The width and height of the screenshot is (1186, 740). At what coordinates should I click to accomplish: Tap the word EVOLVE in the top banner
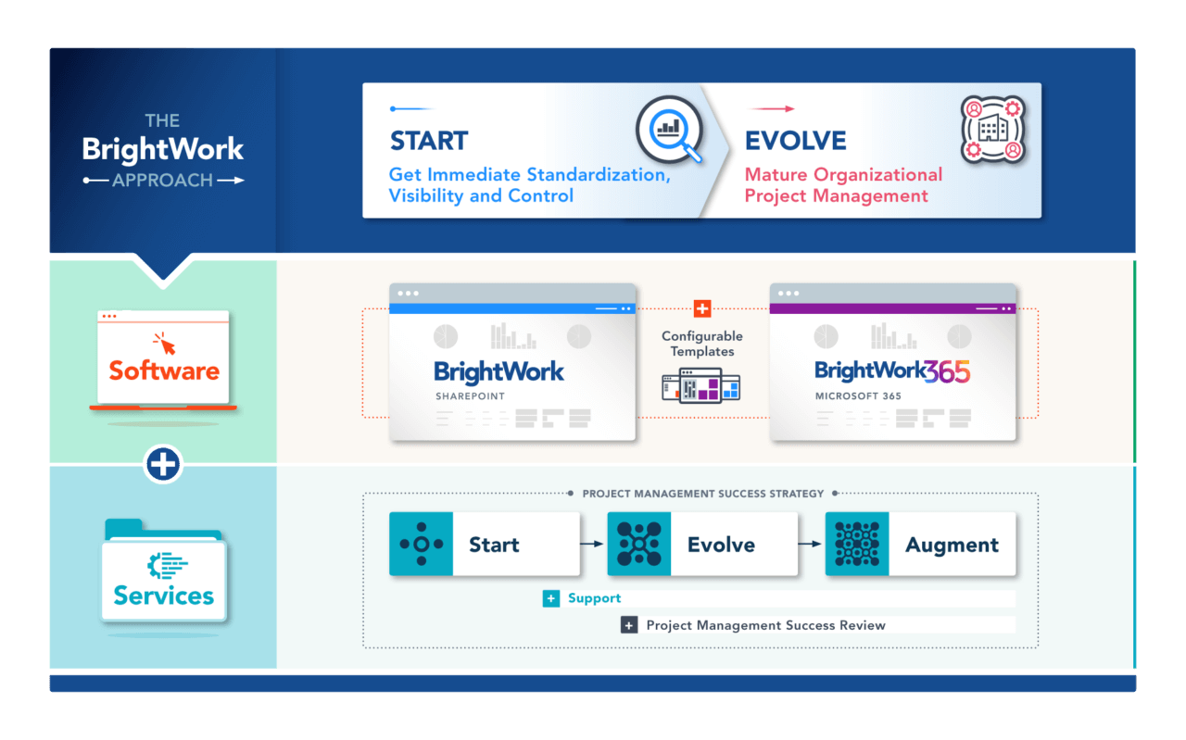point(795,141)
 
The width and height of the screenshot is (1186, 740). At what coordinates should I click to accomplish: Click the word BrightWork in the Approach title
point(163,149)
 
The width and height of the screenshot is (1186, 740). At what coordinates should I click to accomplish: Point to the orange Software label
point(164,370)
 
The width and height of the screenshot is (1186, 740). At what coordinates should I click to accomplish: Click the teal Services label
point(164,596)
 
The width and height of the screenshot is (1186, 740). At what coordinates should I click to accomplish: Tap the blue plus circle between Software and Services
point(164,464)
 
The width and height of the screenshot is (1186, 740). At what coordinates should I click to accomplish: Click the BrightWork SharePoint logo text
point(498,372)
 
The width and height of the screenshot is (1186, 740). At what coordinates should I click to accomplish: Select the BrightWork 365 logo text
point(891,371)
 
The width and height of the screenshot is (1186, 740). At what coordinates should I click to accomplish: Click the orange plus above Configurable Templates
point(702,308)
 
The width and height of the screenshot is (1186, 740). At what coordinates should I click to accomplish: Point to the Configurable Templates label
point(702,344)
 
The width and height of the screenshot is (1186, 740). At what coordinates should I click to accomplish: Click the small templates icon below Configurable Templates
point(701,384)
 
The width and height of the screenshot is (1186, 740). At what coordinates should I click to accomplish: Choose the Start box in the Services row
point(485,545)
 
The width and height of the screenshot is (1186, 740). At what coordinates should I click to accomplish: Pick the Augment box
point(920,545)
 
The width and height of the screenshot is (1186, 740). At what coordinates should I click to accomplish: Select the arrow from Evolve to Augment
point(811,545)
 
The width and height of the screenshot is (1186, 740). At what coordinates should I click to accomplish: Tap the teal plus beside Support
point(551,598)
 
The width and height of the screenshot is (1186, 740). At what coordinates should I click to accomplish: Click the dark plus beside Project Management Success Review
point(629,625)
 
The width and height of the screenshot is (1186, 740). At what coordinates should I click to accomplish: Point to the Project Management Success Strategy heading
point(702,494)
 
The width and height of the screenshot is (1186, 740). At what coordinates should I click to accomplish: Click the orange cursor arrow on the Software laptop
point(167,345)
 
